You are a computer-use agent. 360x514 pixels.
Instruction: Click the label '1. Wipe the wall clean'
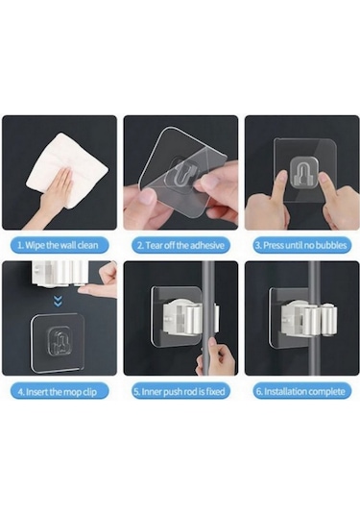[x=58, y=245]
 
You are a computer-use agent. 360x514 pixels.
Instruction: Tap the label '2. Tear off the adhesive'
[x=180, y=245]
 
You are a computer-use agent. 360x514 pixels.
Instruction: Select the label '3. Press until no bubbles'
[x=300, y=245]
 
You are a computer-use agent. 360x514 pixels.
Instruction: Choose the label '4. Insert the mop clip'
[x=58, y=392]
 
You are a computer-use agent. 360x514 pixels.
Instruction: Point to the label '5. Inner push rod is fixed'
[x=180, y=391]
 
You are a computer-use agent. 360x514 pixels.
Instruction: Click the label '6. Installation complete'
[x=300, y=391]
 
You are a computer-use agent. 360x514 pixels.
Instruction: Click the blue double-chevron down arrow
[x=58, y=302]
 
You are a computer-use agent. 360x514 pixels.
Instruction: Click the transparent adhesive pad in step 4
[x=58, y=344]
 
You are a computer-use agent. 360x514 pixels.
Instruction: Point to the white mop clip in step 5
[x=188, y=318]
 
